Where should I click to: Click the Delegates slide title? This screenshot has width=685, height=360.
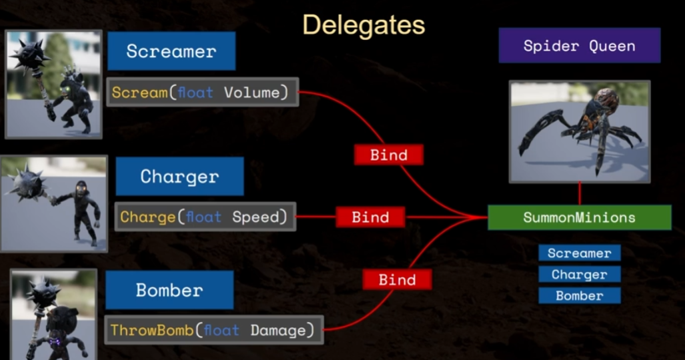363,25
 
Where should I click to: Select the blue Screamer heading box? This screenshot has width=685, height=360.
171,51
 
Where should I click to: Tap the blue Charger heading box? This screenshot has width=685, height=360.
179,176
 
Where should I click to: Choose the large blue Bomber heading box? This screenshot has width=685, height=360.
169,290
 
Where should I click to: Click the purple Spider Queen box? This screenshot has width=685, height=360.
579,46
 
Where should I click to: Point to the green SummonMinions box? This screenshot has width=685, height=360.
579,217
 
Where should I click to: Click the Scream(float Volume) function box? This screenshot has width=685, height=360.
202,93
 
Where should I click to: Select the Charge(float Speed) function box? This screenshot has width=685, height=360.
205,217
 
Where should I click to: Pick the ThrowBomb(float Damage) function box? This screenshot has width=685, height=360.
213,330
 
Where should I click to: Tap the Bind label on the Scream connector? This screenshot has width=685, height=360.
389,155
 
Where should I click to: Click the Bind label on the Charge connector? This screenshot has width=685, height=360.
370,217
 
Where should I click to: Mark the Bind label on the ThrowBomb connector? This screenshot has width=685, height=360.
397,279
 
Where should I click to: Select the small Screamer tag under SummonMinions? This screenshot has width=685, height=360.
579,253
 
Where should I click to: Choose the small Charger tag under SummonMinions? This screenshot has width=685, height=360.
579,274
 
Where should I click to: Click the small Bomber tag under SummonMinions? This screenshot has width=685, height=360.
579,295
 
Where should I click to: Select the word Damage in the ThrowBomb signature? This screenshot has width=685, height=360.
282,330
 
